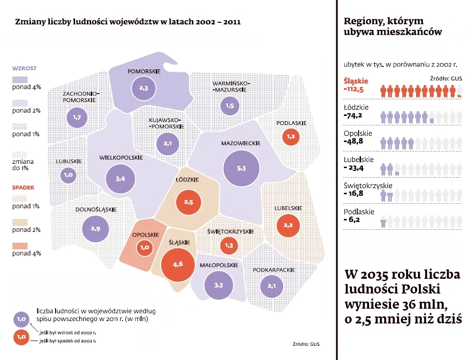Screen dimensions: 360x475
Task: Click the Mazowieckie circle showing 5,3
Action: tap(241, 169)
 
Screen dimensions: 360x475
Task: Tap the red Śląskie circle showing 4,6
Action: tap(179, 265)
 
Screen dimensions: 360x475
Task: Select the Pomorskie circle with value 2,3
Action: tap(144, 88)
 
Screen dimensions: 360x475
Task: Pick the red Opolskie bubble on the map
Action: tap(144, 247)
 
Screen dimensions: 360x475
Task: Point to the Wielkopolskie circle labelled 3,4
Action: tap(120, 179)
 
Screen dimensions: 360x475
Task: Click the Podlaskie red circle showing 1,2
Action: tap(291, 137)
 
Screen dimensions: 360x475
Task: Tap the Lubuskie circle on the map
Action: tap(68, 175)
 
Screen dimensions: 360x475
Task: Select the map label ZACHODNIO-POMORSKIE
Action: tap(80, 97)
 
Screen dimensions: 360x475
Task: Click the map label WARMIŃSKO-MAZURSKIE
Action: tap(230, 86)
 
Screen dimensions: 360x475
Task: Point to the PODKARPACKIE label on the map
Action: tap(275, 270)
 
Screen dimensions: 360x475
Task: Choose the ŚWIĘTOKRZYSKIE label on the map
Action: tap(231, 232)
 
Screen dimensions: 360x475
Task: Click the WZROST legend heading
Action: tap(24, 68)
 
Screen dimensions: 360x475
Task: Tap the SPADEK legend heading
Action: tap(23, 188)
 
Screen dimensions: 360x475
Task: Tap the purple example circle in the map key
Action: tap(20, 319)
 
